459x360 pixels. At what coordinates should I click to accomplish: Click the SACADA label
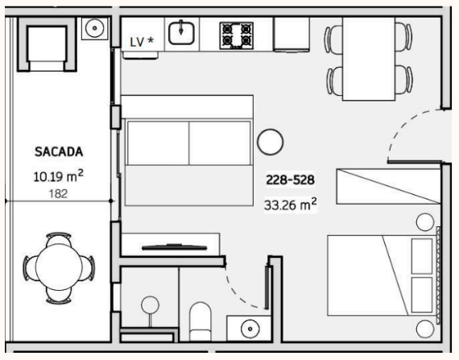[59, 151]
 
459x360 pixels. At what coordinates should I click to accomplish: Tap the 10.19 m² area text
[59, 176]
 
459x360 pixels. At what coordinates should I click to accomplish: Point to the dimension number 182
[58, 194]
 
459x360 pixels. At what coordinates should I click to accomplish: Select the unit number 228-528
[290, 180]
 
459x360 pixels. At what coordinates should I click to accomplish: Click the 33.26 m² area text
[291, 205]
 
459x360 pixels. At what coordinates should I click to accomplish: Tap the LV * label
[142, 42]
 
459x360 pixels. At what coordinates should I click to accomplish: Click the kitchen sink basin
[181, 34]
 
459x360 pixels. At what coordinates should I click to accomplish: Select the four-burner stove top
[237, 35]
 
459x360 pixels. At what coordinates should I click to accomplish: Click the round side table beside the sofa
[271, 142]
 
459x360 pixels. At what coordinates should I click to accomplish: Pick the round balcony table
[59, 267]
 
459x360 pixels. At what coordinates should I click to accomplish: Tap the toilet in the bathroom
[201, 321]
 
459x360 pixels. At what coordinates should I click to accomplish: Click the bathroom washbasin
[250, 329]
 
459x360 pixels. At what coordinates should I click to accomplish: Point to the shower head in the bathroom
[150, 305]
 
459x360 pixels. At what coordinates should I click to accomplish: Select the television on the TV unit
[175, 247]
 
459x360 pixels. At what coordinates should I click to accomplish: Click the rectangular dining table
[369, 59]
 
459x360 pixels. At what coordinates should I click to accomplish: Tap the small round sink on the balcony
[94, 28]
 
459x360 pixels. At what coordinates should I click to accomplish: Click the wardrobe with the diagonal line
[388, 186]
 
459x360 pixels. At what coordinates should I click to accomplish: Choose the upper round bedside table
[425, 222]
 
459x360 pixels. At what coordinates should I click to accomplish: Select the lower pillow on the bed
[422, 295]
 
